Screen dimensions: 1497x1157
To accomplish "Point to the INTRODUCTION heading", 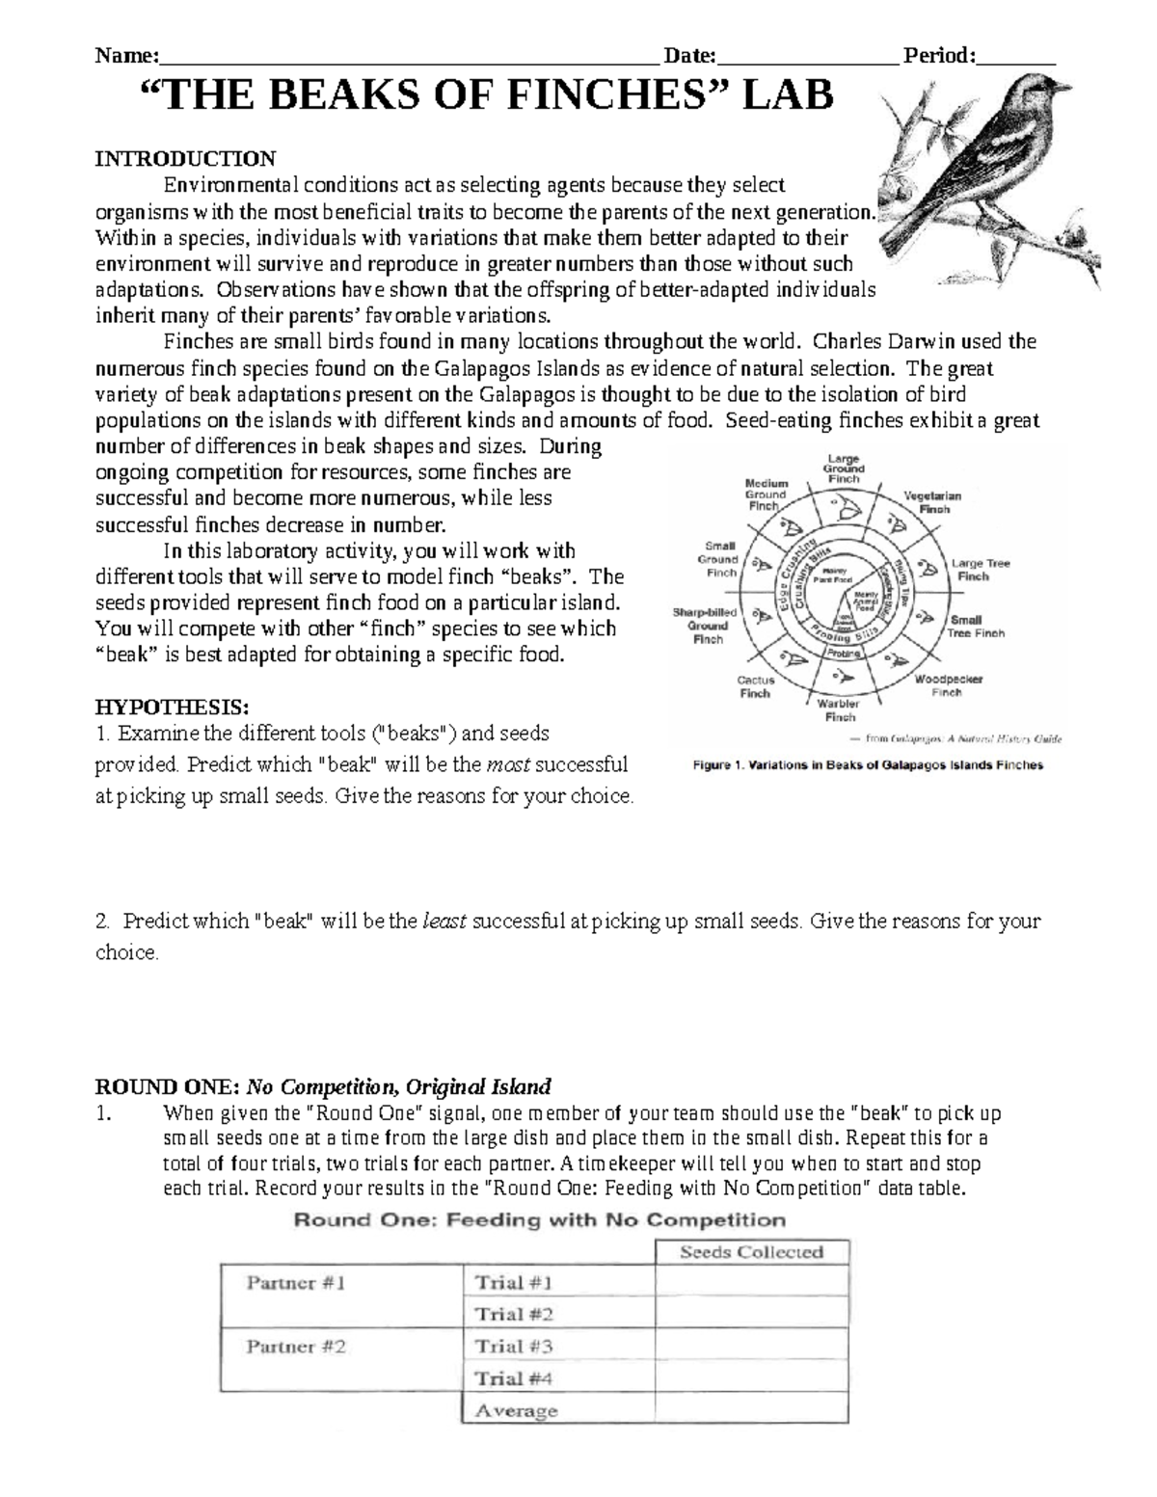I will pos(184,158).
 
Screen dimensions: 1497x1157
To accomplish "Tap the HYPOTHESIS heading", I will pos(172,707).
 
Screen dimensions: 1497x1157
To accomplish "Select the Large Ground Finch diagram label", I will pos(844,468).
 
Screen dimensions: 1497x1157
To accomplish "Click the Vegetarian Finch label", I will pos(932,501).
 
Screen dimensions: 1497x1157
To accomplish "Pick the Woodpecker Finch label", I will pos(948,685).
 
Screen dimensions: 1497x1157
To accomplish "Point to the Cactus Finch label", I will pos(755,686).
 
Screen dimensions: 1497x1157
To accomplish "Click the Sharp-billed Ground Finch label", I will pos(706,626).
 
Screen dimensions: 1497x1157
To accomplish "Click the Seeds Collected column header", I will pos(751,1252).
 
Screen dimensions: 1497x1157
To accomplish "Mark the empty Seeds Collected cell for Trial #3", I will pos(751,1346).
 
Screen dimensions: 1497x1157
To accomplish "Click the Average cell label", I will pos(516,1410).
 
